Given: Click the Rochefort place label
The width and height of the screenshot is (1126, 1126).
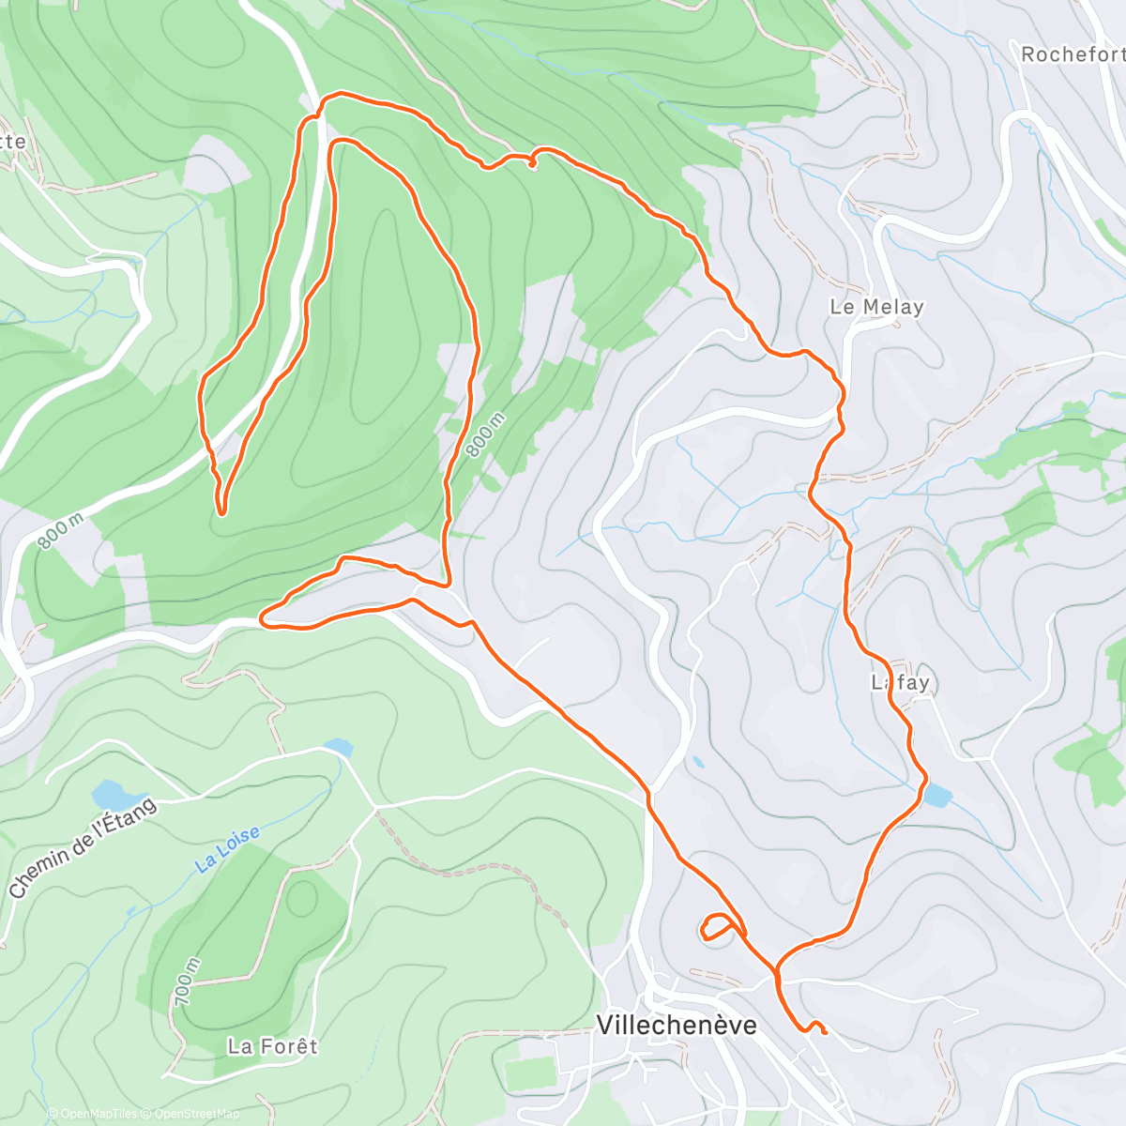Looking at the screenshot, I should [1073, 54].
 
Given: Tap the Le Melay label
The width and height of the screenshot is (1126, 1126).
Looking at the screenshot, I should [876, 307].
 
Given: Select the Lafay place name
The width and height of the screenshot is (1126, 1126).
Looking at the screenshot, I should [900, 682].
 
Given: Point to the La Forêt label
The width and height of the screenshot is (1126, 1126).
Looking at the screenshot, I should [273, 1045].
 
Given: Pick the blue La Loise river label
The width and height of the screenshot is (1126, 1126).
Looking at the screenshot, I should [228, 850].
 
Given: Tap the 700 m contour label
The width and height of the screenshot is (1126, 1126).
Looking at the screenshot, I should [187, 981].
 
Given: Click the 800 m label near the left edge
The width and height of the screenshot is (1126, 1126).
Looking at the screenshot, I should [61, 531].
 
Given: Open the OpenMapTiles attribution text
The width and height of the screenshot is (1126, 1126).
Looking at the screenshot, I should [92, 1114].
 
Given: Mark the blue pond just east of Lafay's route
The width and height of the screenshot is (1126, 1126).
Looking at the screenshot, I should [936, 796].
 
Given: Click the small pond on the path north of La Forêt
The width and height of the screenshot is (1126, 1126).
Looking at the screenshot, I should [338, 748].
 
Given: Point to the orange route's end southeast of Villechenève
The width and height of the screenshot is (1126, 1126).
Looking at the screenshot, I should [824, 1031].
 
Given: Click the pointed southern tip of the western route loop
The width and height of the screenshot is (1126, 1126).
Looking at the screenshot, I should [221, 512].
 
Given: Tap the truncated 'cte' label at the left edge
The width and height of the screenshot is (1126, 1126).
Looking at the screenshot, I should [13, 142].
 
